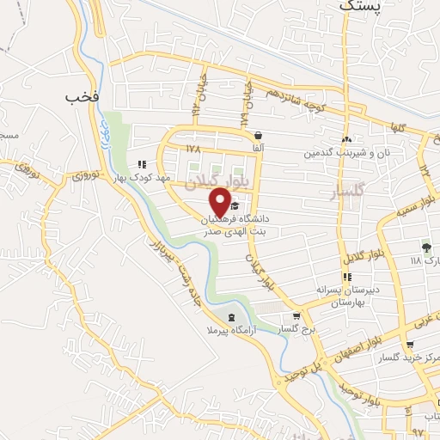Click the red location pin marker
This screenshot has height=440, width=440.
(220, 202)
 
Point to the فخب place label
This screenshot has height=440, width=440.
(82, 98)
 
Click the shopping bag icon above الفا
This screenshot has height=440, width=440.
(258, 135)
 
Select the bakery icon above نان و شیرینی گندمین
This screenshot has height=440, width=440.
(346, 139)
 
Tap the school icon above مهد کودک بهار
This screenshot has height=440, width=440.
(141, 164)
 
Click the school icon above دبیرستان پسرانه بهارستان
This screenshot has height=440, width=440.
(346, 277)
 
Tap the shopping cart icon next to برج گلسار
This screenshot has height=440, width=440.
(296, 315)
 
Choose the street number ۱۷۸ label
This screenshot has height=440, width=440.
(192, 150)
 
